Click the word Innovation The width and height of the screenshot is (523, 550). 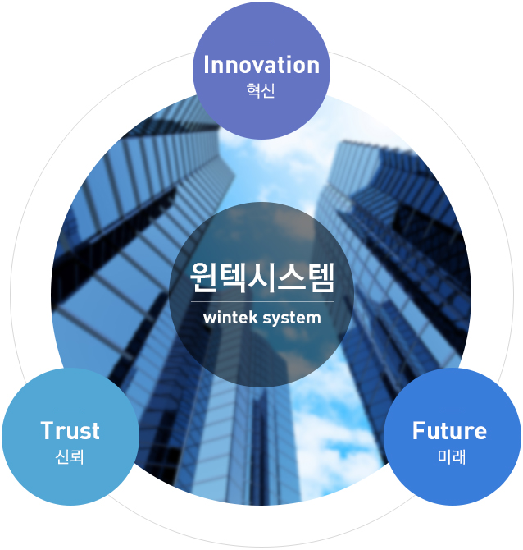(261, 65)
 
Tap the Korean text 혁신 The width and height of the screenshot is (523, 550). (261, 90)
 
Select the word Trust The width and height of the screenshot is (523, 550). (70, 430)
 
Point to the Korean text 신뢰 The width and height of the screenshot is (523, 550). (70, 456)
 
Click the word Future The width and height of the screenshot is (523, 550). (449, 430)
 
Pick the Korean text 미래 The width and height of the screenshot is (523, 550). (452, 456)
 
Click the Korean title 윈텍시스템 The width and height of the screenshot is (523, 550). (262, 277)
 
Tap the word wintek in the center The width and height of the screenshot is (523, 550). (230, 318)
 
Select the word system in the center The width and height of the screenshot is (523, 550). (292, 319)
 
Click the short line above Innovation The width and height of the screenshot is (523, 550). (261, 44)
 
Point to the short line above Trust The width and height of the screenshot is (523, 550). (70, 410)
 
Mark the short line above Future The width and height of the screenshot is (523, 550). (453, 410)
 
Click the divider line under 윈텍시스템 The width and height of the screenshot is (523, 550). (262, 301)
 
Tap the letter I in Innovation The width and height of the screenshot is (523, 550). (207, 65)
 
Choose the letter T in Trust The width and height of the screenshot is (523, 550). (48, 430)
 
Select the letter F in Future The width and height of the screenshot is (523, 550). (419, 430)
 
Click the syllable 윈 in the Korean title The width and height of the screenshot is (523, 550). (203, 277)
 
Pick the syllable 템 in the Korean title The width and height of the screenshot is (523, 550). (321, 277)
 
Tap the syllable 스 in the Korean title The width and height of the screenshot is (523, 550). (292, 277)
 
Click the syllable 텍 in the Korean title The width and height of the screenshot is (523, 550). (232, 277)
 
